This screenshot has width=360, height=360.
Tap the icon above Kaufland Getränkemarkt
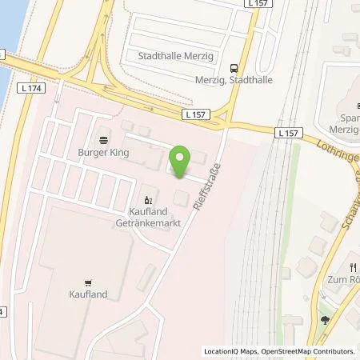point(146,200)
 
